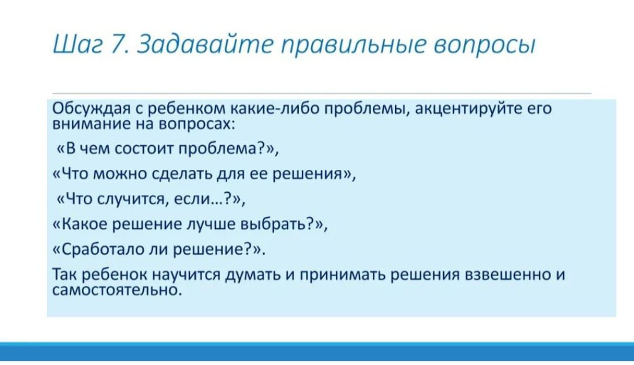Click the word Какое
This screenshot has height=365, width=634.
point(83,224)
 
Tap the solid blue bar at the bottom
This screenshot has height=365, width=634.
point(317,351)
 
